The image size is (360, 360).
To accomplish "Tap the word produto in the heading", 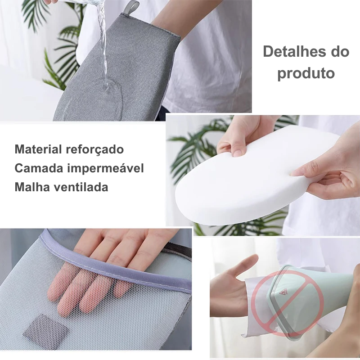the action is pyautogui.click(x=306, y=73).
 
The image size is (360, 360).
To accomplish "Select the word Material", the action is pyautogui.click(x=38, y=149).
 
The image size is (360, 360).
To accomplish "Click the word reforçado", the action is pyautogui.click(x=95, y=150).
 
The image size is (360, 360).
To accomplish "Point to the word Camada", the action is pyautogui.click(x=39, y=168).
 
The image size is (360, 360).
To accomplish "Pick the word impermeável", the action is pyautogui.click(x=106, y=168).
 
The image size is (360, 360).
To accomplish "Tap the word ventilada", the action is pyautogui.click(x=81, y=187).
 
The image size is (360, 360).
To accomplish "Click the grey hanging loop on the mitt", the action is pyautogui.click(x=131, y=7).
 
